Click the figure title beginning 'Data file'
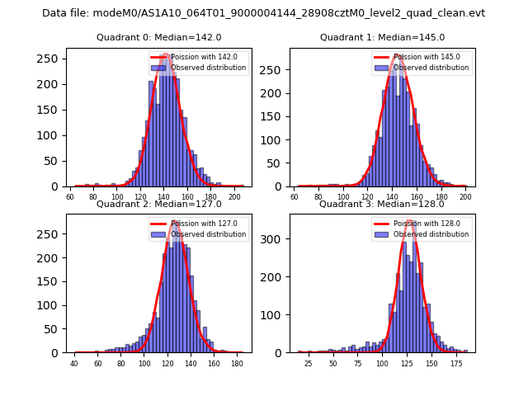coord(263,13)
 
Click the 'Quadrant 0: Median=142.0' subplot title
coord(159,37)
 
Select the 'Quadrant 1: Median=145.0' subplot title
coord(382,37)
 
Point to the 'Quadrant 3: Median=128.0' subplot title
coord(382,204)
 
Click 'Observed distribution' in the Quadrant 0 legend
coord(207,68)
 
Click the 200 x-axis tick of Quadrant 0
coord(235,196)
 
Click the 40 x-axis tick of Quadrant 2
coord(74,363)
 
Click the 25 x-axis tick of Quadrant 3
coord(309,363)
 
